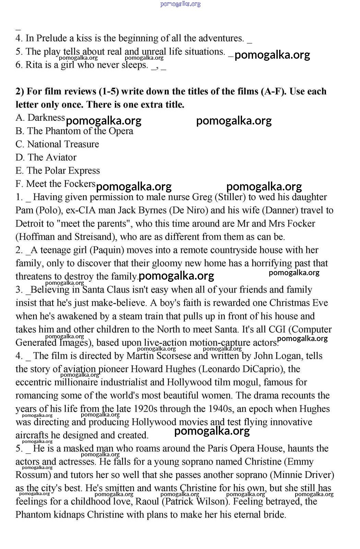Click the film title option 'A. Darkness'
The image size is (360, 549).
pyautogui.click(x=40, y=118)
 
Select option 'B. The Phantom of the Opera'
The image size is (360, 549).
pyautogui.click(x=74, y=131)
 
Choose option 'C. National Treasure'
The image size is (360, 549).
pyautogui.click(x=57, y=144)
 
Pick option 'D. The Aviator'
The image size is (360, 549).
pyautogui.click(x=46, y=157)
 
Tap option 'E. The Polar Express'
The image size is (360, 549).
pyautogui.click(x=58, y=171)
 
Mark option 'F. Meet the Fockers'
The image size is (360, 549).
pyautogui.click(x=55, y=184)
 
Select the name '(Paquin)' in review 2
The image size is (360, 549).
pyautogui.click(x=106, y=250)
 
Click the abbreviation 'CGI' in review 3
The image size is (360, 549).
pyautogui.click(x=277, y=329)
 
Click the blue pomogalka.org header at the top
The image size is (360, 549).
pyautogui.click(x=180, y=4)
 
